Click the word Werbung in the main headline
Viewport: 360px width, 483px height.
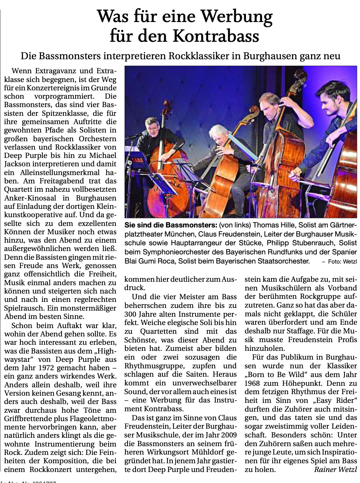237,17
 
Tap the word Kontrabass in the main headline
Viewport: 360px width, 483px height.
216,36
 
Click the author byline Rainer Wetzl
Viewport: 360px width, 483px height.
336,470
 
